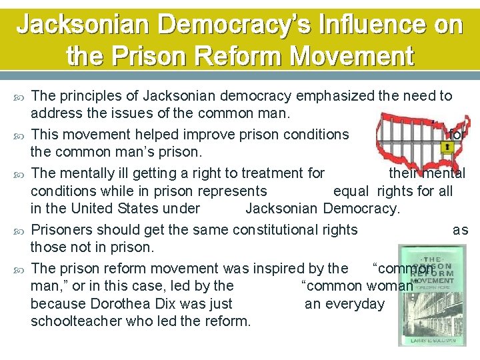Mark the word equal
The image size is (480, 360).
(x=351, y=191)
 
